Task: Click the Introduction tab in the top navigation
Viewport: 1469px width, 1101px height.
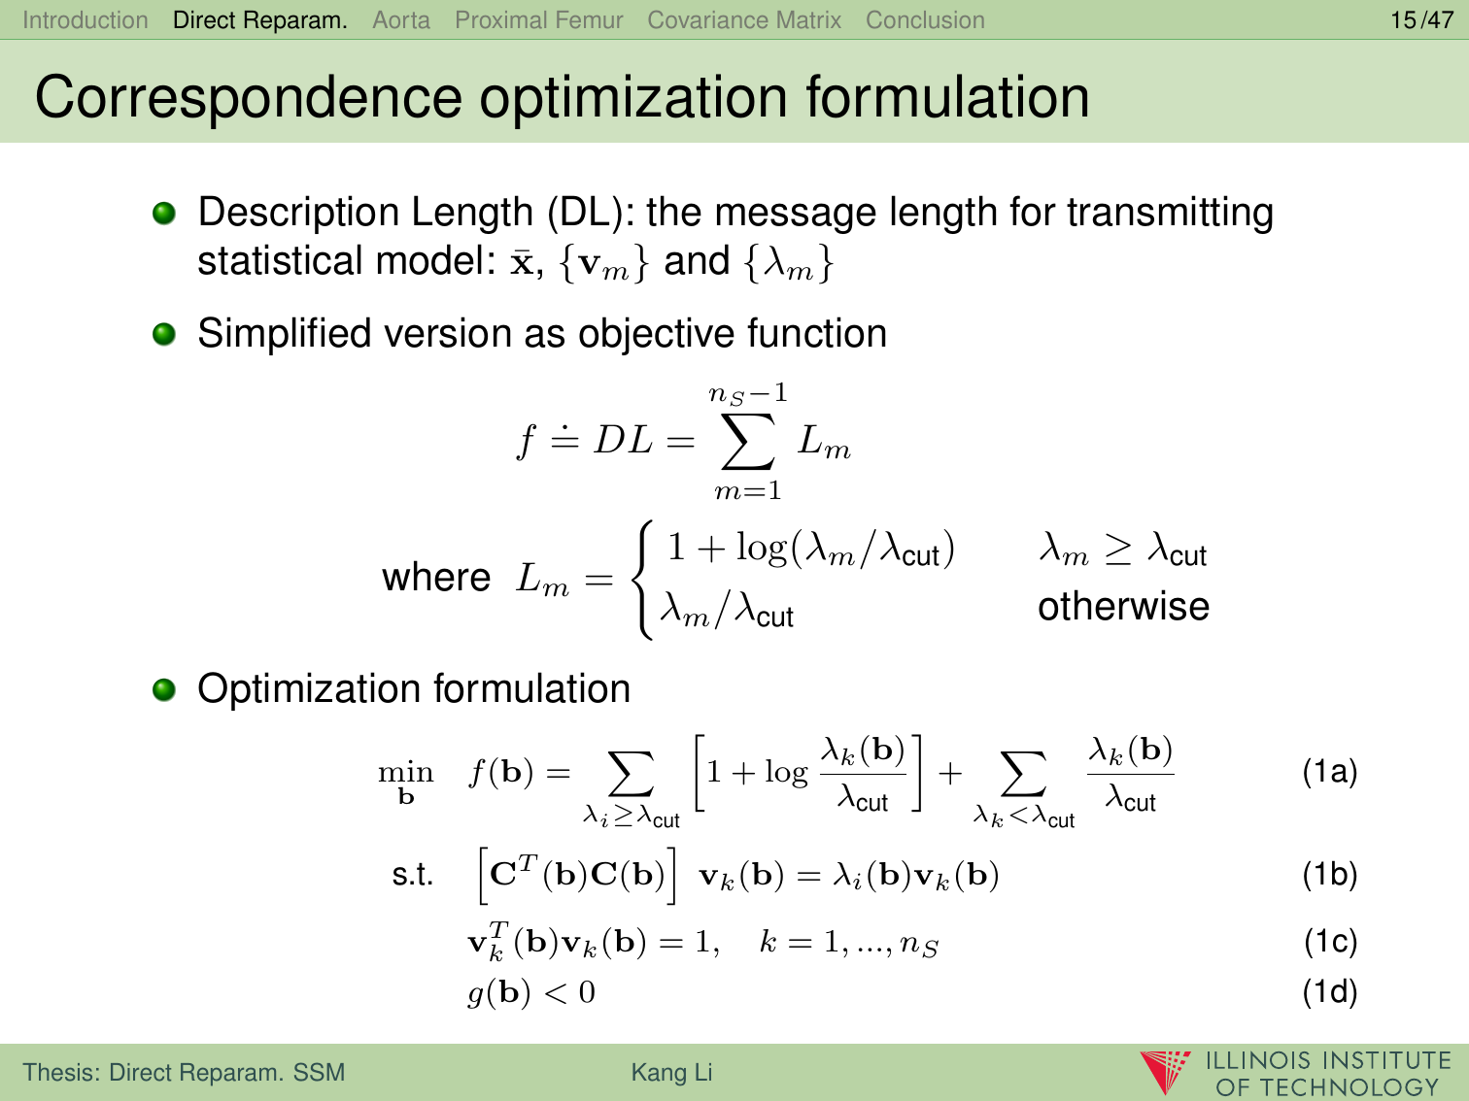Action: (x=85, y=20)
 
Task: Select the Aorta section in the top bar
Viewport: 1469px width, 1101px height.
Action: (x=401, y=20)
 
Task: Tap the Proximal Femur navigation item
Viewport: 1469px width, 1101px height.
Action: (x=539, y=20)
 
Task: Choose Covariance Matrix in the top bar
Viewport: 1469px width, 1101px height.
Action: (x=744, y=20)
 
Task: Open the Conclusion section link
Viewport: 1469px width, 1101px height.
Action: (x=925, y=20)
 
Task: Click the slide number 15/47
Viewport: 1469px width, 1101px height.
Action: (x=1422, y=20)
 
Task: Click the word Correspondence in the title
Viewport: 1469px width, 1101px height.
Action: (x=249, y=98)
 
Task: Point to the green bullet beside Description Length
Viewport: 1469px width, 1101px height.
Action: (x=164, y=214)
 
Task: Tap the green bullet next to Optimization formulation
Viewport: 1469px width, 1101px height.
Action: (x=164, y=689)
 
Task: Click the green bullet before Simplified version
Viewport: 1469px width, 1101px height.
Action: (x=164, y=334)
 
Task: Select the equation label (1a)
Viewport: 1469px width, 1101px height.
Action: (x=1330, y=772)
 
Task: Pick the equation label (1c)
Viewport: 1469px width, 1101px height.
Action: (x=1330, y=941)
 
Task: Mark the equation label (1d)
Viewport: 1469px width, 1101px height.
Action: (x=1330, y=991)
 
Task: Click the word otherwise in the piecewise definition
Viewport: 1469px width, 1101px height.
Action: (x=1124, y=606)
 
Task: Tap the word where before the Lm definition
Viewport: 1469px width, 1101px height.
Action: (x=436, y=577)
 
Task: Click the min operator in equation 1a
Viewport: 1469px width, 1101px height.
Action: (x=405, y=780)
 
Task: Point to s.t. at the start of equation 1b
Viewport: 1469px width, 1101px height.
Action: (x=412, y=875)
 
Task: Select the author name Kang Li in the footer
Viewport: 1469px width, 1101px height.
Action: (x=671, y=1072)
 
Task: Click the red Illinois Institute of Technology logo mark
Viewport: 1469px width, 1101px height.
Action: (x=1165, y=1071)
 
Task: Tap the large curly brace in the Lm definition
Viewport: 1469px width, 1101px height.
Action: (x=642, y=581)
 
